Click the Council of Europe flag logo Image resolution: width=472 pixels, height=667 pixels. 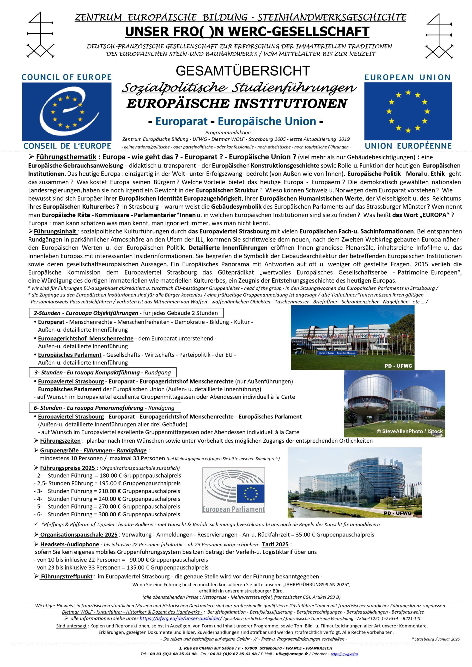coord(66,112)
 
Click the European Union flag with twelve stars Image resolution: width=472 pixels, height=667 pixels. coord(408,111)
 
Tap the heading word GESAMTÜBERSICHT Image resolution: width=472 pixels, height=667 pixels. coord(243,71)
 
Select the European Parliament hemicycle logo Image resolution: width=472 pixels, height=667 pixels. coord(234,490)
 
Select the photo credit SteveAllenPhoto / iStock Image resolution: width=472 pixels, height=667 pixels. coord(409,431)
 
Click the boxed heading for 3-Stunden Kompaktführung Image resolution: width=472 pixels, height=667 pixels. coord(103,372)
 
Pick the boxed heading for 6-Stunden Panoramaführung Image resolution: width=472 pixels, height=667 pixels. coord(105,408)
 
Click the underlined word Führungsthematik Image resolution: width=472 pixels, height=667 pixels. coord(66,157)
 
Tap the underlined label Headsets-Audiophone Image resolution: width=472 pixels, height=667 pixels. coord(70,544)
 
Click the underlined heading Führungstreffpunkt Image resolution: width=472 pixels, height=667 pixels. coord(66,576)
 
